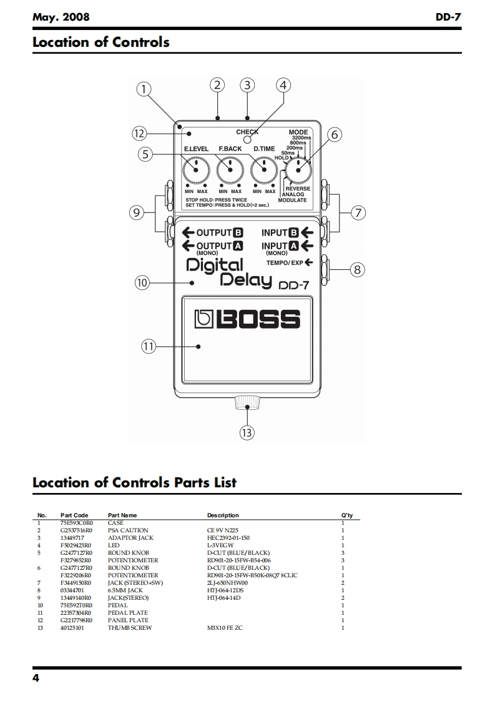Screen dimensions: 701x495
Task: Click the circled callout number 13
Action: pos(247,432)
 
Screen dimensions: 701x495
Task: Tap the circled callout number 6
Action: pos(335,135)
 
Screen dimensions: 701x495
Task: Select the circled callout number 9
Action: pos(137,212)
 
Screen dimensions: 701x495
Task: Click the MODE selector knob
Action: pos(298,169)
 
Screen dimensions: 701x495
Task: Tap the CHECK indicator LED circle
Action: pos(247,140)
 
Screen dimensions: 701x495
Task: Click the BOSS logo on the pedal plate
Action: pos(246,320)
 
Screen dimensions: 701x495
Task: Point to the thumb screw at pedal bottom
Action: pos(247,403)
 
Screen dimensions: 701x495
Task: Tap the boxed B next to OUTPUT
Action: pos(238,233)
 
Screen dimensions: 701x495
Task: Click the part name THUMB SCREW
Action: pos(130,628)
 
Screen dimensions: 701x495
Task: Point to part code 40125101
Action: pos(72,628)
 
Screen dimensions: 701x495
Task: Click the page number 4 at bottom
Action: pos(36,678)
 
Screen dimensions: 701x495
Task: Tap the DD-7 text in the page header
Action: pos(448,17)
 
